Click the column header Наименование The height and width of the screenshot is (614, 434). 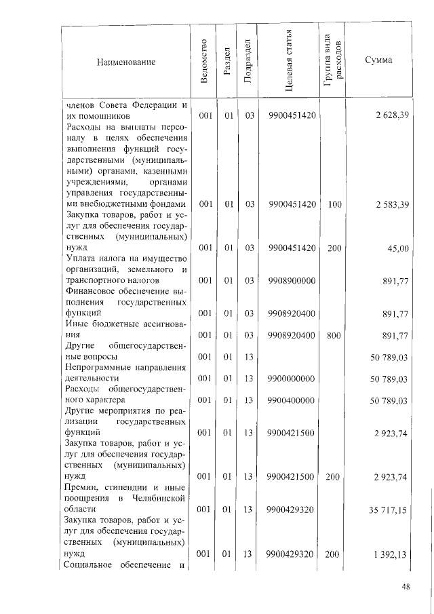coord(127,62)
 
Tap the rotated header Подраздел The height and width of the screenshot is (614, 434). coord(249,62)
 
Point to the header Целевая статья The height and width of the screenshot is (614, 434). coord(290,62)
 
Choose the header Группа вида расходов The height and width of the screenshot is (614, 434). coord(333,62)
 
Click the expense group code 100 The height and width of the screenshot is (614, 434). coord(334,204)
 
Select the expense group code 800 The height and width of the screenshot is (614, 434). coord(334,335)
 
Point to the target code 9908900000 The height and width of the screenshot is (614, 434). coord(292,280)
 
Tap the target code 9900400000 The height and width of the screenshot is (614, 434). coord(292,401)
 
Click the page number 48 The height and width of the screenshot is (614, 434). coord(406,588)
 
